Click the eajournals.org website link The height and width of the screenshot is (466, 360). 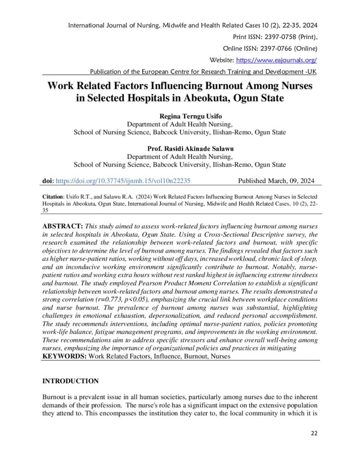276,60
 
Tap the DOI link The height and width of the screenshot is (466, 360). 122,181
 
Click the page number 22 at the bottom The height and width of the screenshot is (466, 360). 314,433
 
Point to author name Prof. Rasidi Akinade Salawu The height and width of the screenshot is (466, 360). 180,149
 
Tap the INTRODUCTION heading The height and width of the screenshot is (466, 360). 71,381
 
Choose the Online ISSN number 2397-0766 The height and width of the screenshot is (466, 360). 272,48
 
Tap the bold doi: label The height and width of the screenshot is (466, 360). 48,181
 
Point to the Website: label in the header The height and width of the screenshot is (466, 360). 221,60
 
